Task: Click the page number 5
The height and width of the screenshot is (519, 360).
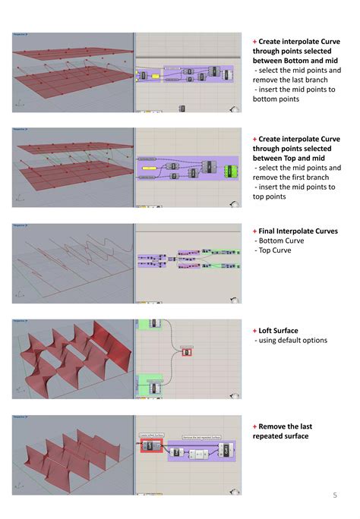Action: (x=334, y=495)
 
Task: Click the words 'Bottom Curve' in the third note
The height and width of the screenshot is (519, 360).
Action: (x=278, y=241)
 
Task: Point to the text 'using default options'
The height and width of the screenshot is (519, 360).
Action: (x=293, y=341)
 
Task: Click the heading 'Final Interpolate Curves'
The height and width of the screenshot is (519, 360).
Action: (x=298, y=231)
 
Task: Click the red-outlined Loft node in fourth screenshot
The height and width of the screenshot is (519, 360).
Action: (x=186, y=351)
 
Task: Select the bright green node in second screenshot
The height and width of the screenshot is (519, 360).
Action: (x=229, y=169)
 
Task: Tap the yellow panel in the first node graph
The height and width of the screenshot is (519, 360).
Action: (x=143, y=75)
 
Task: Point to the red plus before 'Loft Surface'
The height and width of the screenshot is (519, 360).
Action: (x=254, y=331)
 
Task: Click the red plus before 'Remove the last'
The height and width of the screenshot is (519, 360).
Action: (x=254, y=426)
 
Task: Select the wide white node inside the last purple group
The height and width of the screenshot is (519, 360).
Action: (x=199, y=453)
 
